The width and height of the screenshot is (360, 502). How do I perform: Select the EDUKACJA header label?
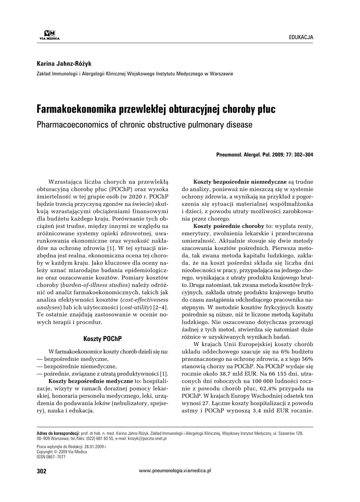click(301, 38)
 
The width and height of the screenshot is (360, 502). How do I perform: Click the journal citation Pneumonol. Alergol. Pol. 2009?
click(264, 154)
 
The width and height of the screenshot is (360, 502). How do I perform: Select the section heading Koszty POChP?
click(103, 338)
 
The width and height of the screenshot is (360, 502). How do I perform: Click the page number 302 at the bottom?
click(41, 471)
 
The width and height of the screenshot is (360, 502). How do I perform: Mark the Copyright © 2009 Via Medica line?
click(62, 452)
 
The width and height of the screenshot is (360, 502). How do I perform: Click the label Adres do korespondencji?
click(58, 434)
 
